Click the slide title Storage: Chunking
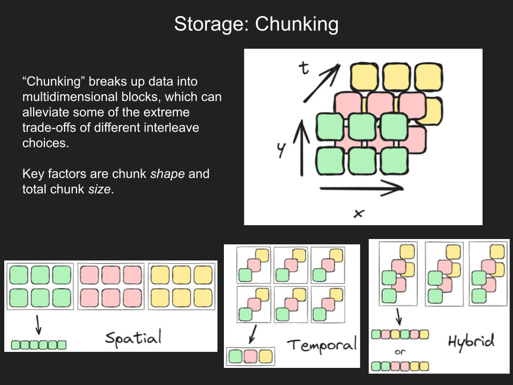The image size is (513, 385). coord(256,24)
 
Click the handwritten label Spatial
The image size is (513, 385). coord(133,337)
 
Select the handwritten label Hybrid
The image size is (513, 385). coord(471,341)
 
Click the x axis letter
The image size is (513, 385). coord(359,213)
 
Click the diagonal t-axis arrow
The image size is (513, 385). coord(321,83)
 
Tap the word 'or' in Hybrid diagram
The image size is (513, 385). coord(400,352)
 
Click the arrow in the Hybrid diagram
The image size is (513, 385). coord(400,317)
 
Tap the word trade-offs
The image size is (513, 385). coord(50,128)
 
